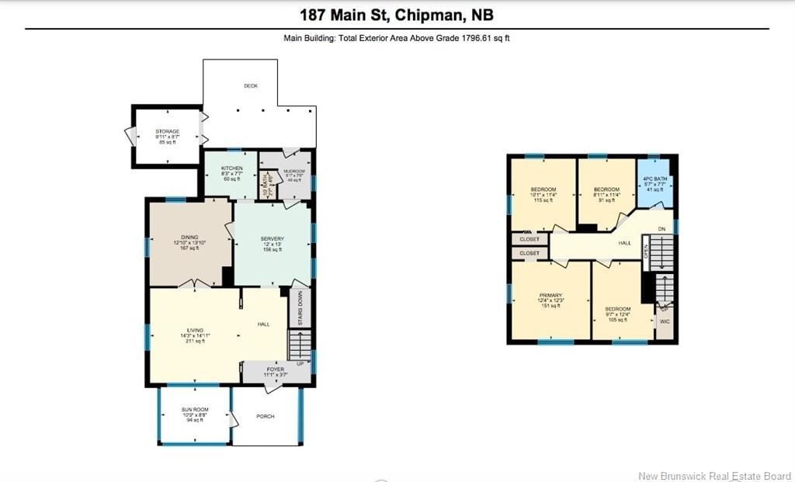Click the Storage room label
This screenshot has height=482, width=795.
pos(167,132)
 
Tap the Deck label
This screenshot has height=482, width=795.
pos(250,86)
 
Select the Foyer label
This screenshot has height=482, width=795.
pos(276,369)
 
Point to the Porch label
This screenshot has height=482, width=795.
pos(266,416)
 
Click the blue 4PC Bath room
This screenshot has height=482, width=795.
pos(654,183)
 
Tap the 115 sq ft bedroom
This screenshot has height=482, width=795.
pos(542,194)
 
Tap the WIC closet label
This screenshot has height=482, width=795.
pos(665,320)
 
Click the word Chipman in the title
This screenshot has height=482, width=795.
pos(430,15)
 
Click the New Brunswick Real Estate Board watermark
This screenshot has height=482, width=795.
pos(714,475)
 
